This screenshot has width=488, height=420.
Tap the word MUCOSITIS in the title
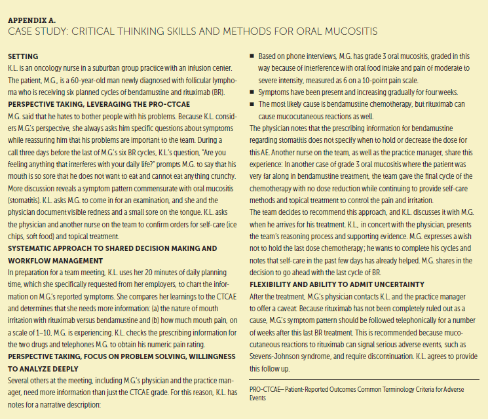coord(347,31)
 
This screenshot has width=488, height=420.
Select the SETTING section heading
coord(23,56)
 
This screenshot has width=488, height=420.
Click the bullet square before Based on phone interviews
coord(253,57)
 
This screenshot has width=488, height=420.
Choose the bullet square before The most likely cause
coord(253,104)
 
